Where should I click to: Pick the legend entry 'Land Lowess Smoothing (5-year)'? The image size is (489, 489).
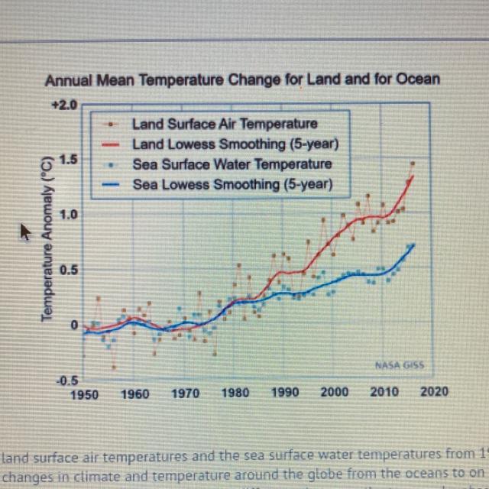tap(235, 144)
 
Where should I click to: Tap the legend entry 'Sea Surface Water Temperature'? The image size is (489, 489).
tap(232, 164)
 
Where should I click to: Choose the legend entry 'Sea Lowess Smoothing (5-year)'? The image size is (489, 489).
tap(232, 184)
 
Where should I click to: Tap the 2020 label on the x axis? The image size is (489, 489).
tap(434, 390)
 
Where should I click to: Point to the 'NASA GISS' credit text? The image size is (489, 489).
tap(400, 365)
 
